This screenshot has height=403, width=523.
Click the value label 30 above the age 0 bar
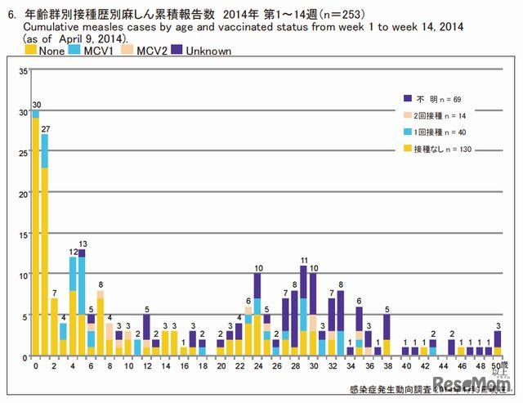tap(35, 105)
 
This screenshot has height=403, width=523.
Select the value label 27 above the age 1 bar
tap(46, 128)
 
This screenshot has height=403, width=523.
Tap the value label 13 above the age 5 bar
tap(83, 244)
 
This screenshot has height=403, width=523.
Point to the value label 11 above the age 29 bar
tap(303, 260)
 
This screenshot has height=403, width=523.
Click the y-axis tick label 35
tap(24, 71)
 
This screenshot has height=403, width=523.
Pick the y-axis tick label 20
tap(24, 194)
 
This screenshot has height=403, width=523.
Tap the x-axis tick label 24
tap(257, 367)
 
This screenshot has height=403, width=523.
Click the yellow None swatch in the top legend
tap(30, 51)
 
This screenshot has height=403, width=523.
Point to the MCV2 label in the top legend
tap(151, 51)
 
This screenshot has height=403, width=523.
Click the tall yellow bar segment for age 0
tap(35, 237)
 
